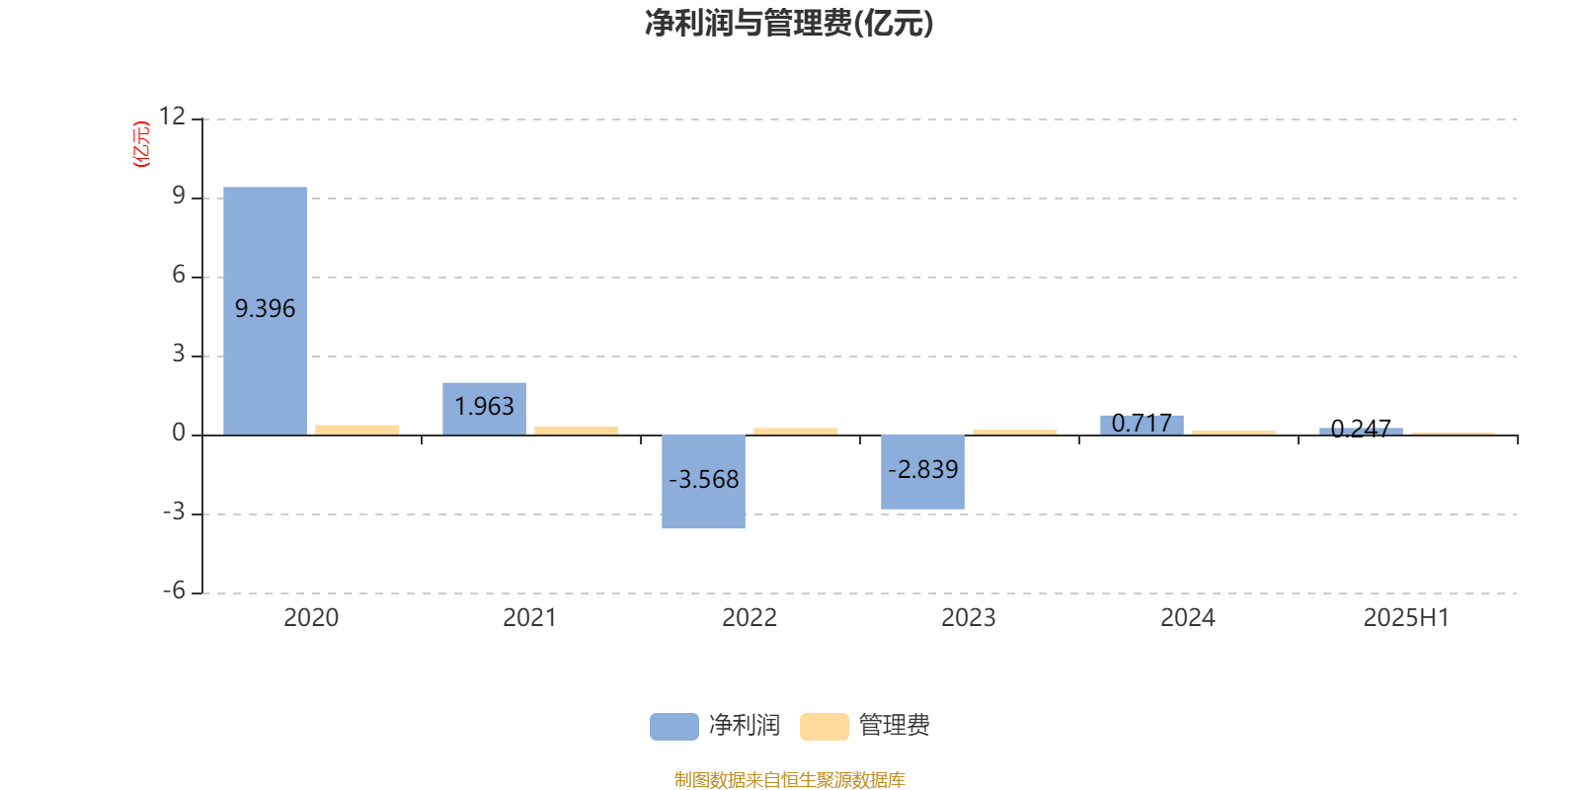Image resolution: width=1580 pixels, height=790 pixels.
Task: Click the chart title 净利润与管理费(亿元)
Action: tap(789, 23)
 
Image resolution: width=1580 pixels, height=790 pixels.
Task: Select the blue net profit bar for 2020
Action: tap(266, 311)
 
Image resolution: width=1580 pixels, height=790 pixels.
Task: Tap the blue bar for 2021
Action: tap(485, 409)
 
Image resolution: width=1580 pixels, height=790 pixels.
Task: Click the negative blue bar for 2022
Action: tap(703, 482)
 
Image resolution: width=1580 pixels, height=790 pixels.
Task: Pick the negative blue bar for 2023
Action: tap(922, 473)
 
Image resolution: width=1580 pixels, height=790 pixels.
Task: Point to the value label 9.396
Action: tap(266, 309)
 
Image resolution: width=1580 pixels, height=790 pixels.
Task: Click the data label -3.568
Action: tap(703, 480)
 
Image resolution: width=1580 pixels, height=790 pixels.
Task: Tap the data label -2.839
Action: tap(922, 469)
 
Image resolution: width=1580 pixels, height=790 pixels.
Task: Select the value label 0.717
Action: tap(1142, 424)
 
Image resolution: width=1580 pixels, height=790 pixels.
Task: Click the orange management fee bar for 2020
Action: tap(356, 431)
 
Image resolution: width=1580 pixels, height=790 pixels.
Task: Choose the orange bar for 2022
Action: tap(796, 432)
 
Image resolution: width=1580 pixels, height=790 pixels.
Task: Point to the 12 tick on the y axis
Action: tap(172, 117)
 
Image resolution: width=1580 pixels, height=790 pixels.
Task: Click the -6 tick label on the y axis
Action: tap(174, 592)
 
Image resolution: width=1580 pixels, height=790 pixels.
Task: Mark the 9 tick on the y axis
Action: tap(179, 196)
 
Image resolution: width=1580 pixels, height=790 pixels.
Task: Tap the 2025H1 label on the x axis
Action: tap(1406, 618)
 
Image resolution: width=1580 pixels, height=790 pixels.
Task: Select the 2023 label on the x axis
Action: tap(969, 618)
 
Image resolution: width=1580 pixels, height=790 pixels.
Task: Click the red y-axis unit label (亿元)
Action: tap(141, 144)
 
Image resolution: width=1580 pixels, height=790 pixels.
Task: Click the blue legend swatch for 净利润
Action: tap(674, 727)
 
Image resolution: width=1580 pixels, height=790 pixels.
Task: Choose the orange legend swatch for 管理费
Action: tap(824, 727)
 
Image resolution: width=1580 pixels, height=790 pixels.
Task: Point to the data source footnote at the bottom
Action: tap(789, 779)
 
